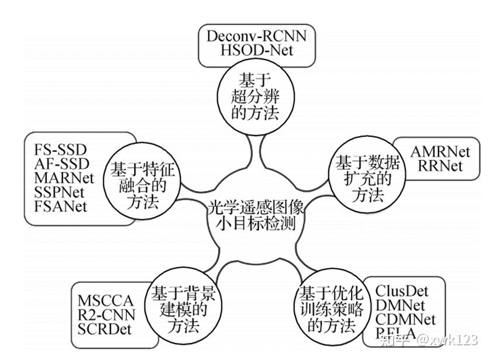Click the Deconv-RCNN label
tap(256, 36)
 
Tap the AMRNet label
tap(440, 152)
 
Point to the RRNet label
tap(440, 166)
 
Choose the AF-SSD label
tap(57, 162)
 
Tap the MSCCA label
tap(106, 301)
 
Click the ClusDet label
tap(402, 290)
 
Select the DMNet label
tap(402, 304)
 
